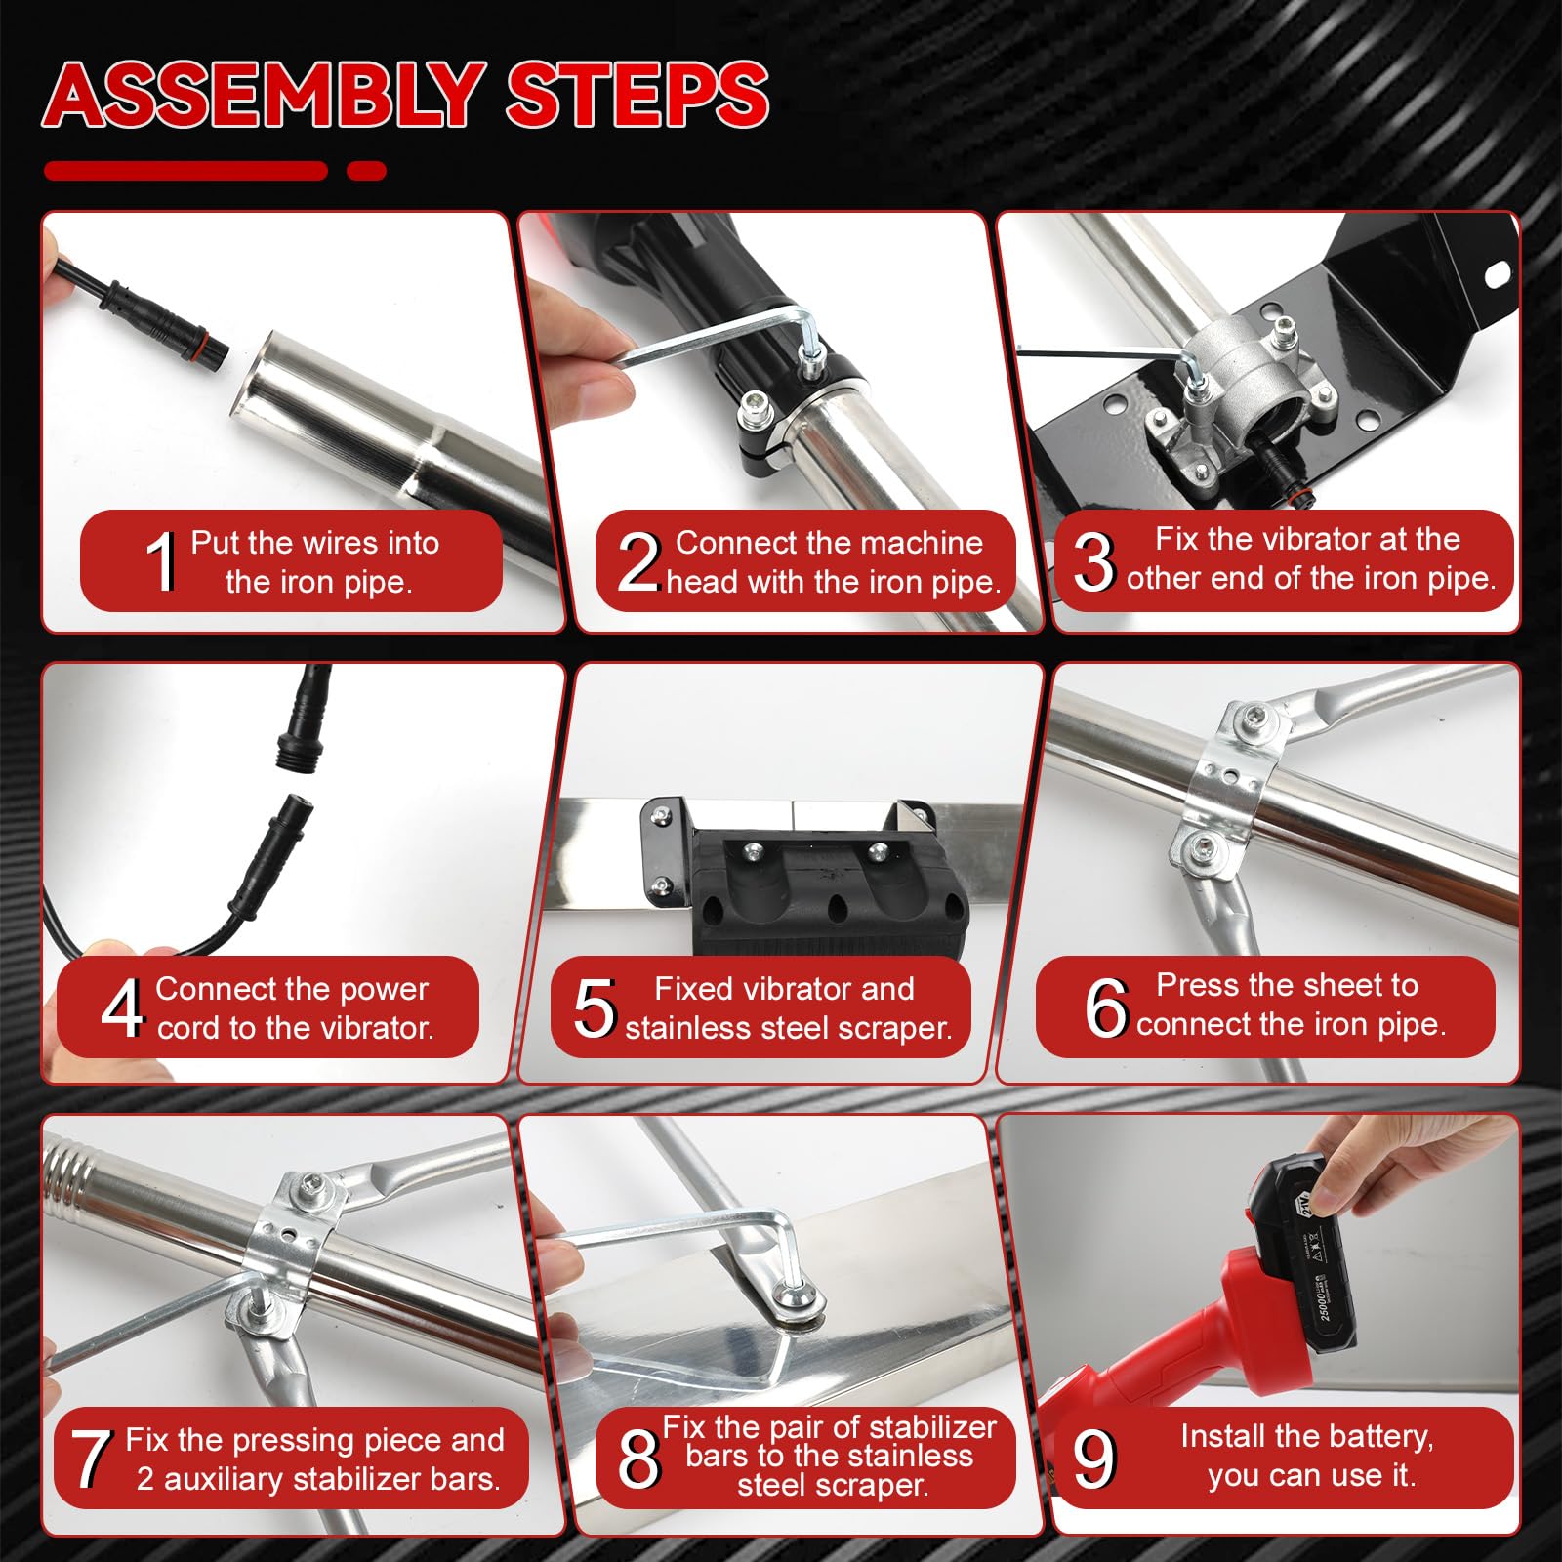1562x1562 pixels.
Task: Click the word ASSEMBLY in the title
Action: click(x=265, y=95)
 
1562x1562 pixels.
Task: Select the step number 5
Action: click(x=595, y=1007)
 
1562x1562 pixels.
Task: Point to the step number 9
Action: click(x=1093, y=1459)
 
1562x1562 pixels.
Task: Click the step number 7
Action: click(x=91, y=1459)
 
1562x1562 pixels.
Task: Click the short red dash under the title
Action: click(x=367, y=171)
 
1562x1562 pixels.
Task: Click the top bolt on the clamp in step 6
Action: click(x=1252, y=720)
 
